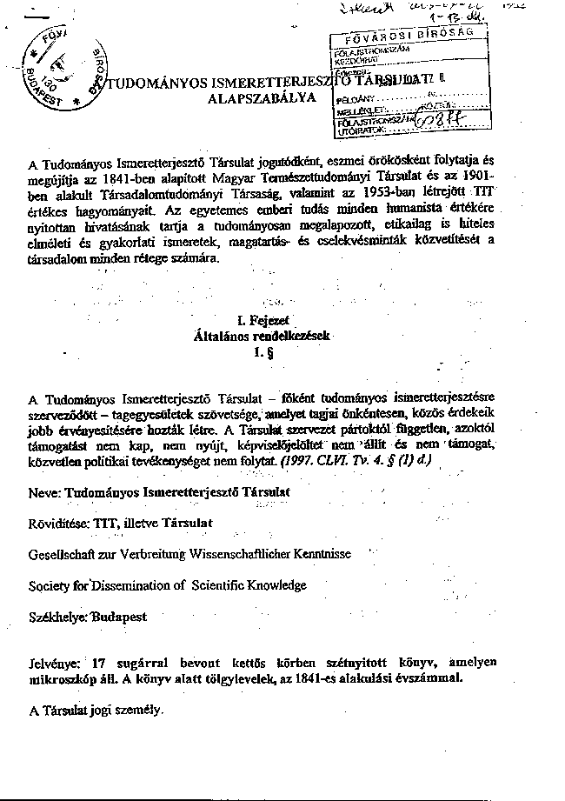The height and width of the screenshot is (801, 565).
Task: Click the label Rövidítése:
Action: pos(61,524)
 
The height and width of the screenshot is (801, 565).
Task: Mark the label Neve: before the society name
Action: pos(44,492)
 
